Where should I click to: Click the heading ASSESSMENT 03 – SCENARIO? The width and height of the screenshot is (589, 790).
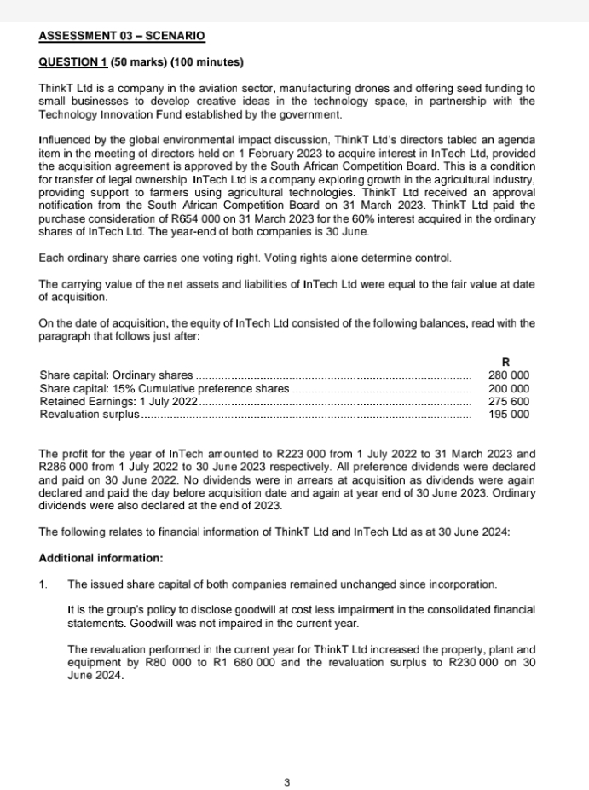pyautogui.click(x=122, y=36)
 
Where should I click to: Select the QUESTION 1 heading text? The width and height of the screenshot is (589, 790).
pyautogui.click(x=141, y=62)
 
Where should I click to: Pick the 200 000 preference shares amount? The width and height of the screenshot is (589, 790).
pyautogui.click(x=508, y=388)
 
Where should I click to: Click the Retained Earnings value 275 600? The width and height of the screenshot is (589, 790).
pyautogui.click(x=508, y=401)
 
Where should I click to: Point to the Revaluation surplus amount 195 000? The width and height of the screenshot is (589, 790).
pyautogui.click(x=508, y=415)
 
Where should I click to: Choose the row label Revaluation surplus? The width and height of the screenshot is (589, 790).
pyautogui.click(x=89, y=415)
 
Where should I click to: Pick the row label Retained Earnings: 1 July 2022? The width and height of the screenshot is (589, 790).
pyautogui.click(x=119, y=401)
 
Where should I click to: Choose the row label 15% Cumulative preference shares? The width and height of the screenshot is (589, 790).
pyautogui.click(x=165, y=388)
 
